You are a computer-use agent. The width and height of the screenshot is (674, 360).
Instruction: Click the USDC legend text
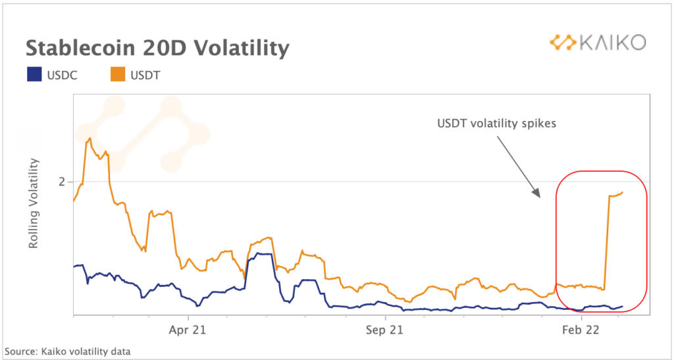(x=62, y=76)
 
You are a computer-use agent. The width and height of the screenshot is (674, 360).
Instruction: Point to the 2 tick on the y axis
(x=62, y=182)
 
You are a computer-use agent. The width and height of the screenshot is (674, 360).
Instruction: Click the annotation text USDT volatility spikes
(x=497, y=123)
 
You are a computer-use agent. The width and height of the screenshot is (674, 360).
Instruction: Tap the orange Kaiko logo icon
(x=563, y=43)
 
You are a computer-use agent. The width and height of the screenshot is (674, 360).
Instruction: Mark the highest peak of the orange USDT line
(x=88, y=139)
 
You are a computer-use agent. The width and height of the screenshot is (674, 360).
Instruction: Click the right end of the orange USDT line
(x=623, y=192)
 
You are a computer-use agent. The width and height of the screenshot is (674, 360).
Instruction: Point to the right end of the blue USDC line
(x=623, y=306)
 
